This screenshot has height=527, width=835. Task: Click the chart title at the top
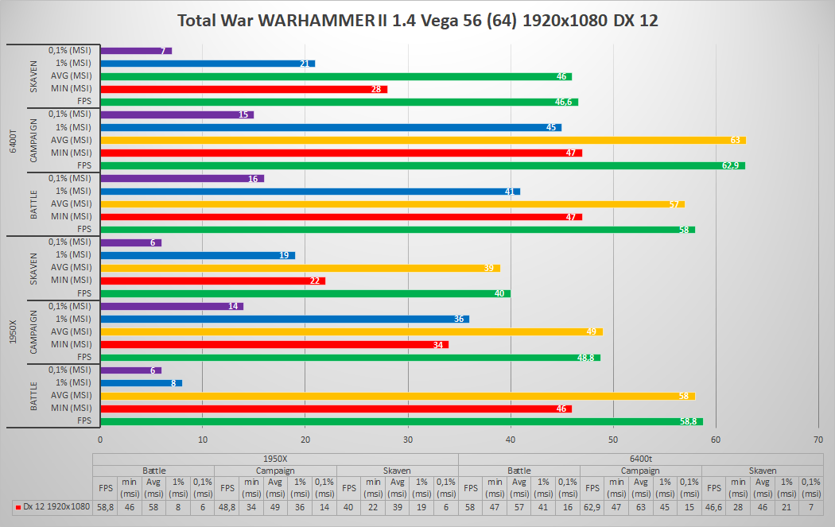pos(417,20)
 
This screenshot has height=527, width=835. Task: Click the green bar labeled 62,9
pos(422,165)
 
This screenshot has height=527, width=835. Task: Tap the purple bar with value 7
pos(136,51)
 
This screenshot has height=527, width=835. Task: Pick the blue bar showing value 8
pos(142,382)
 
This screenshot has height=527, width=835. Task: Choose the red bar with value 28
pos(244,89)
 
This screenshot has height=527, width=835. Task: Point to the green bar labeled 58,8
pos(402,421)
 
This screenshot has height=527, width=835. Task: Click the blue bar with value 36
pos(285,319)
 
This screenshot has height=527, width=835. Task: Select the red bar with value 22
pos(213,281)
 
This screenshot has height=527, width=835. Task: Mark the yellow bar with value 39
pos(301,268)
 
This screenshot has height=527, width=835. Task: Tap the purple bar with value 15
pos(177,114)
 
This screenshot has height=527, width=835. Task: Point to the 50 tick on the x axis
pos(613,439)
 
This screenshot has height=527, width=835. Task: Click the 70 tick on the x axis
pos(818,439)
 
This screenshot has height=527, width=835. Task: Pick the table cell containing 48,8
pos(227,506)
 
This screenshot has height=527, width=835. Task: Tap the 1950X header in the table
pos(275,459)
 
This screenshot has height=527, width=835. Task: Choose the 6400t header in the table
pos(640,459)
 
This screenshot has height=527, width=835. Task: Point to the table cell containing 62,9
pos(592,506)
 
